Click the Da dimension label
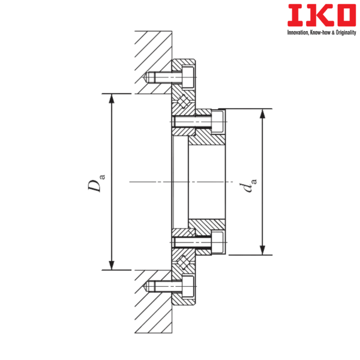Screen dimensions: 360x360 click(x=96, y=183)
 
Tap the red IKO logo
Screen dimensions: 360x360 click(x=322, y=15)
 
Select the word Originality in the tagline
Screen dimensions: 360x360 click(x=346, y=32)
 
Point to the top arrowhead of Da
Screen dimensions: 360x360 click(x=112, y=98)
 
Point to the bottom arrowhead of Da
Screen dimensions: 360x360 click(x=112, y=266)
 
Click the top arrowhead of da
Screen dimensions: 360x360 click(x=262, y=113)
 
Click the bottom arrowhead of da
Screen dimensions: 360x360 click(x=262, y=250)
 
